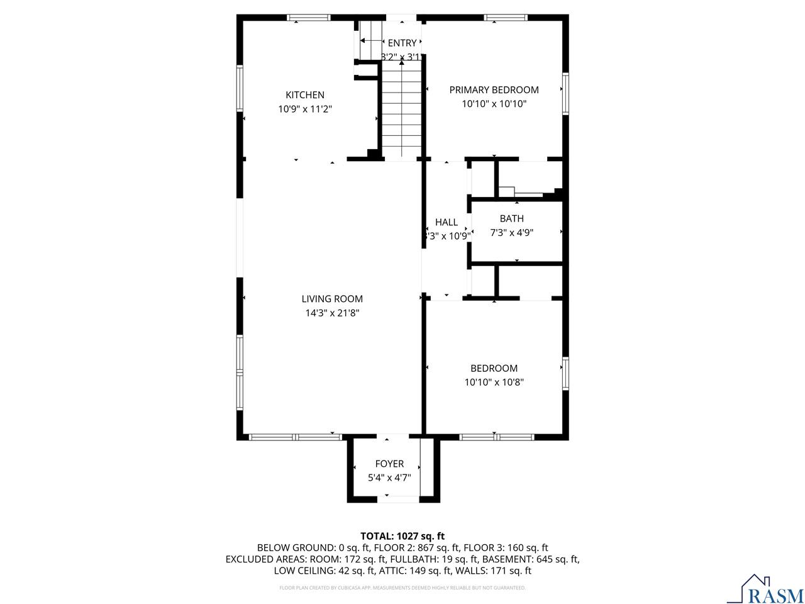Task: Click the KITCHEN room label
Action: coord(305,95)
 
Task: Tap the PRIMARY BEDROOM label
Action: coord(494,90)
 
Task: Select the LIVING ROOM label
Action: coord(332,299)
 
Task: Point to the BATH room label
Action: coord(511,218)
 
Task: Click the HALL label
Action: coord(447,222)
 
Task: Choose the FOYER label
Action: coord(389,464)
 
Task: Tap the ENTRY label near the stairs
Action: coord(402,43)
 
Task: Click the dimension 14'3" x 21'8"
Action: coord(332,313)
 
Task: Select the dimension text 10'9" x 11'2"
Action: coord(305,109)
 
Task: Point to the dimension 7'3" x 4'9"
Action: coord(511,232)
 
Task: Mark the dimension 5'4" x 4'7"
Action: coord(389,478)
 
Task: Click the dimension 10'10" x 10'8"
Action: coord(494,382)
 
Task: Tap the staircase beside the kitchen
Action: coord(401,110)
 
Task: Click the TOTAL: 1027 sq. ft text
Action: coord(402,536)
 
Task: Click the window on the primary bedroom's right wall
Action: coord(565,92)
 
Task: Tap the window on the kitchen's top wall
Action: coord(309,18)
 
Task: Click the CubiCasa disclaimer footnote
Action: coord(402,588)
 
